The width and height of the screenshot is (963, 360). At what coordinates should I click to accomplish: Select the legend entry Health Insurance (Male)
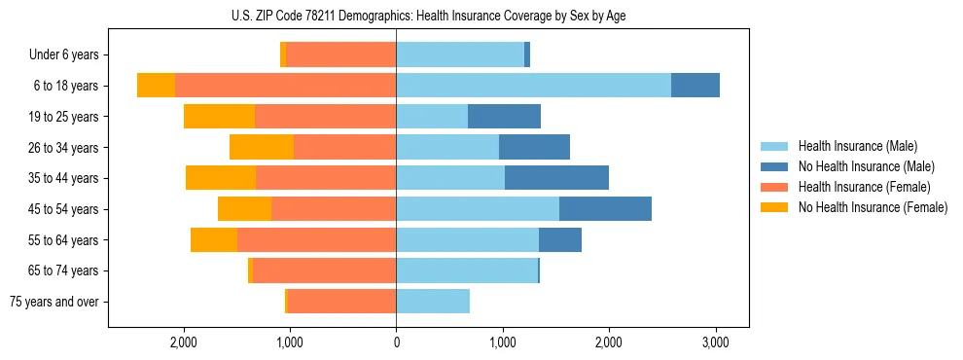click(x=857, y=146)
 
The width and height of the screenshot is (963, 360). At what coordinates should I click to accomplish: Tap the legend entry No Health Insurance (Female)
click(x=873, y=207)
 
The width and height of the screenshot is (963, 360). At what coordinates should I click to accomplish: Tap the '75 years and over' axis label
click(x=53, y=302)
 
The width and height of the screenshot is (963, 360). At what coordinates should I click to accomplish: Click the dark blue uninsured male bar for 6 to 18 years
click(x=695, y=86)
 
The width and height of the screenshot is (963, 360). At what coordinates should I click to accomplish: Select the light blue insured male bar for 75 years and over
click(x=433, y=302)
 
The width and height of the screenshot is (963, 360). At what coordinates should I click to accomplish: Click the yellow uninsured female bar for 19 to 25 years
click(x=219, y=117)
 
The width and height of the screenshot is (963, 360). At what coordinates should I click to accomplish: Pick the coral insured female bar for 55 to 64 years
click(x=316, y=240)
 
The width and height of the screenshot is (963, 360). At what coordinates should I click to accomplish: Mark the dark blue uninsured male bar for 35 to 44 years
click(x=556, y=178)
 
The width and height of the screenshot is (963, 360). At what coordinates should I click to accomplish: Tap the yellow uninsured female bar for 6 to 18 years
click(x=156, y=86)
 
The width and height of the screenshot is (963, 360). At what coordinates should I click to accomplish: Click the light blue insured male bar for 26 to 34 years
click(x=447, y=148)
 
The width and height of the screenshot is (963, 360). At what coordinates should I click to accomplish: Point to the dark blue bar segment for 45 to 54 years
click(x=605, y=209)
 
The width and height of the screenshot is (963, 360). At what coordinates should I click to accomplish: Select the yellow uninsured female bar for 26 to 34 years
click(x=262, y=148)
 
